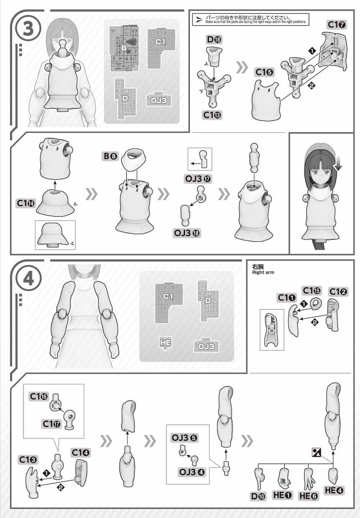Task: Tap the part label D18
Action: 214,40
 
